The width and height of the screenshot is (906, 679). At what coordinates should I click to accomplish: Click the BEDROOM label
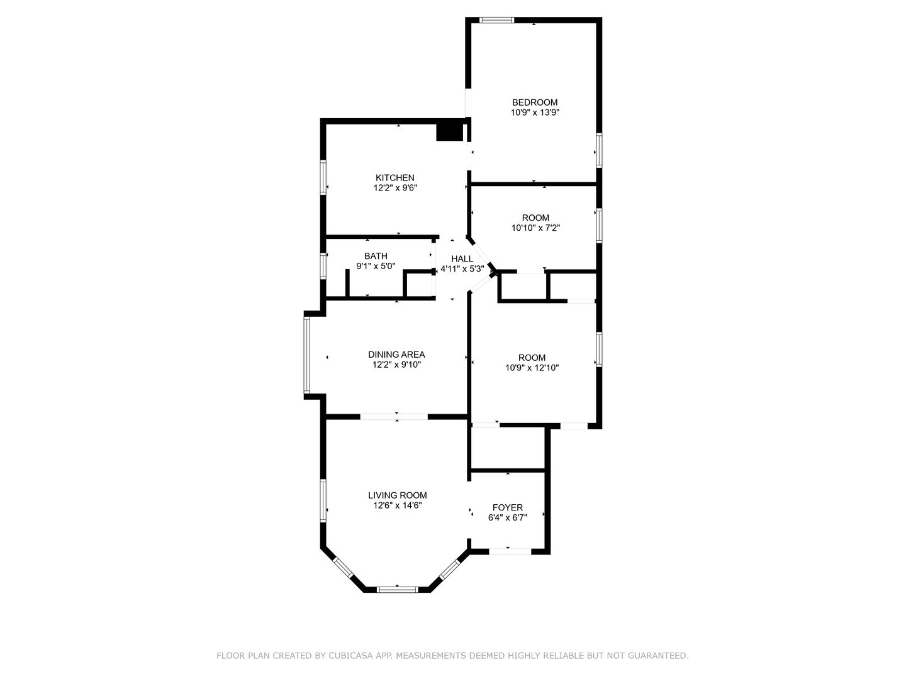click(535, 102)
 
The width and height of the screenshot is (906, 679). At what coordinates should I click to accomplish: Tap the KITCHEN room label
click(394, 178)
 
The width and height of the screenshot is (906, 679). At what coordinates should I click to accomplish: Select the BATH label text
click(376, 256)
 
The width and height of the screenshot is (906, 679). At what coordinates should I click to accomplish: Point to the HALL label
click(462, 259)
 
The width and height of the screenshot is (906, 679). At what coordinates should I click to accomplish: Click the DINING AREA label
click(396, 355)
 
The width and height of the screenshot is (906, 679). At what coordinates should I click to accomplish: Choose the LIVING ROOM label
click(398, 495)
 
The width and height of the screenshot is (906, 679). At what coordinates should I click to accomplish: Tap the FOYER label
click(507, 507)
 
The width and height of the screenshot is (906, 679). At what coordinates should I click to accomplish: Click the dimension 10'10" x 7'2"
click(535, 228)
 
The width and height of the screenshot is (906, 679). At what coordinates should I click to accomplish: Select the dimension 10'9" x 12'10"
click(532, 368)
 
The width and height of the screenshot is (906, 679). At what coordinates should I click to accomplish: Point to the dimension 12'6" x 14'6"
click(398, 505)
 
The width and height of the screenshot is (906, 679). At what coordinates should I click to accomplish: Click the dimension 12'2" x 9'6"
click(395, 188)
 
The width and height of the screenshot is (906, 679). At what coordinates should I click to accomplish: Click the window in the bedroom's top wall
click(496, 19)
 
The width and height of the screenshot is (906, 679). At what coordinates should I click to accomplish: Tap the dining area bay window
click(306, 355)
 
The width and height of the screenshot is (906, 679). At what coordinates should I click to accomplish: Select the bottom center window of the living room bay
click(397, 590)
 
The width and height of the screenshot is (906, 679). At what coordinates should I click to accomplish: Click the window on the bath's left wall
click(323, 267)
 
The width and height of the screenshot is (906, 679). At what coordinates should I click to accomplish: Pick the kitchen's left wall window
click(323, 177)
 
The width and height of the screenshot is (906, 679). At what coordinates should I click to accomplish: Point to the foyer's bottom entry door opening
click(510, 551)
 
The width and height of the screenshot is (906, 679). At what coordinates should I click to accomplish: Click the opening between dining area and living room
click(394, 417)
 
